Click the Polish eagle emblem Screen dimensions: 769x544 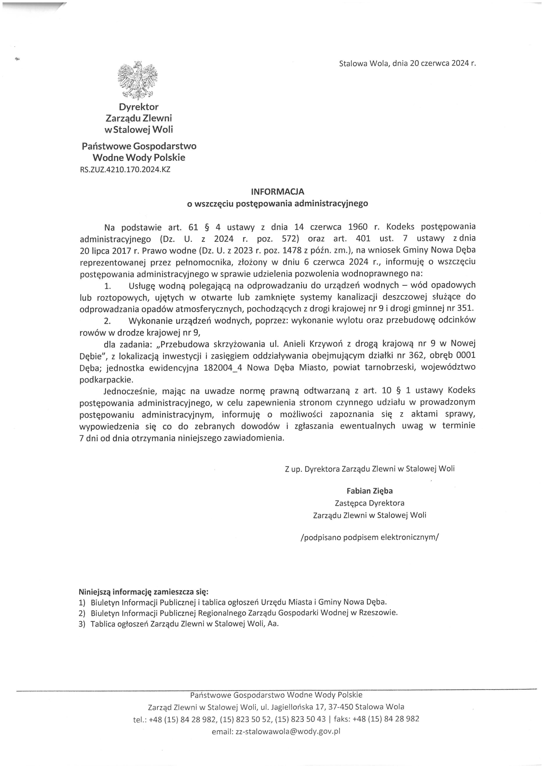(138, 80)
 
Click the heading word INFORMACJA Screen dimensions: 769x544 (278, 192)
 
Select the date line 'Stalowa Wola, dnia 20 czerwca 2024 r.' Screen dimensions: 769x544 (407, 63)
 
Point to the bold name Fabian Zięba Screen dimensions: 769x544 (369, 491)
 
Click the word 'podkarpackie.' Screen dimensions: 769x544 (106, 380)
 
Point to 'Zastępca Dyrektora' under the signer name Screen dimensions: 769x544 (369, 503)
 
